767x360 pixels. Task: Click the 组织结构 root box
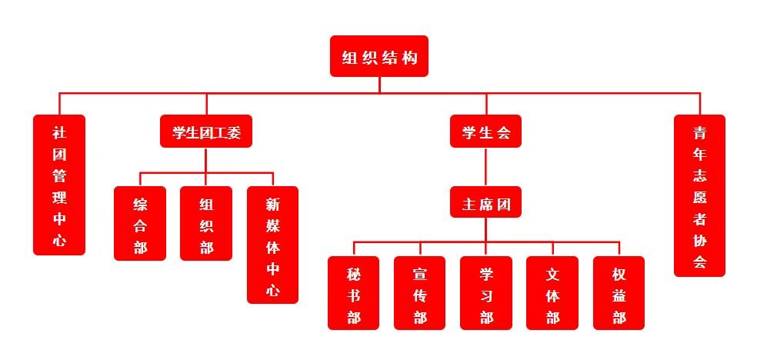pyautogui.click(x=379, y=56)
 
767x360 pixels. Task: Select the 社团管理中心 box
pyautogui.click(x=59, y=185)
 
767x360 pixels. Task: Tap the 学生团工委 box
pyautogui.click(x=206, y=132)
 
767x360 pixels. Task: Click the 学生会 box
pyautogui.click(x=485, y=132)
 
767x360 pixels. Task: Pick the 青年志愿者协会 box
pyautogui.click(x=699, y=196)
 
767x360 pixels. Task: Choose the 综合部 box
pyautogui.click(x=140, y=224)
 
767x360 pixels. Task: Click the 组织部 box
pyautogui.click(x=206, y=224)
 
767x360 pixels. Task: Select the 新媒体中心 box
pyautogui.click(x=272, y=245)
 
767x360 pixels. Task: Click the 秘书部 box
pyautogui.click(x=353, y=293)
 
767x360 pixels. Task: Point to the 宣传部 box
pyautogui.click(x=420, y=293)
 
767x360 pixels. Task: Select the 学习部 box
pyautogui.click(x=486, y=293)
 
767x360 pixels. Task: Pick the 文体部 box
pyautogui.click(x=552, y=293)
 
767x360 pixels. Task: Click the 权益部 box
pyautogui.click(x=619, y=293)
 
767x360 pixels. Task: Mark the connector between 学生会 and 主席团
pyautogui.click(x=485, y=167)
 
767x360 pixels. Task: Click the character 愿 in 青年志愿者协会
pyautogui.click(x=699, y=196)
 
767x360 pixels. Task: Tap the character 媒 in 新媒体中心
pyautogui.click(x=272, y=226)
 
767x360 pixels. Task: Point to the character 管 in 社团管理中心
pyautogui.click(x=59, y=175)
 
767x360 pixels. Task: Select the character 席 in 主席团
pyautogui.click(x=485, y=204)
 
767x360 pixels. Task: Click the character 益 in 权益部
pyautogui.click(x=619, y=295)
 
